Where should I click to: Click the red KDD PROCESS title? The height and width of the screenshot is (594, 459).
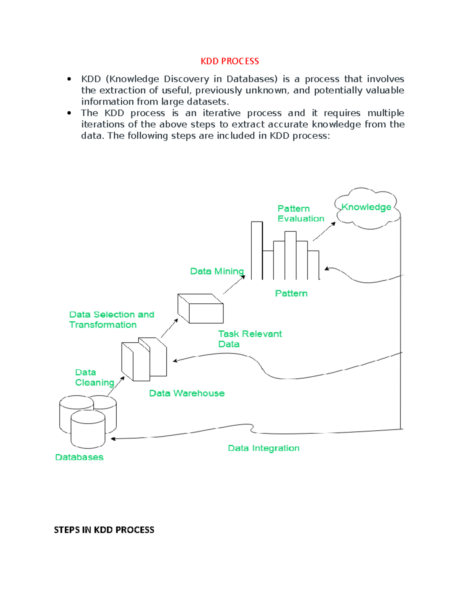229,61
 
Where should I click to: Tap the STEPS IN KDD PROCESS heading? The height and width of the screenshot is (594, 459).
104,530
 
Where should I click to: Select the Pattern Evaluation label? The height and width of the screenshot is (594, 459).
301,213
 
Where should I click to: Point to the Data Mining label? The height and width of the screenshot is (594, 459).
217,271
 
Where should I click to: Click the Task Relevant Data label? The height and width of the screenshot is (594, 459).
249,339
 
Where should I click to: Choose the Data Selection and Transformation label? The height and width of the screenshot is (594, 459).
111,319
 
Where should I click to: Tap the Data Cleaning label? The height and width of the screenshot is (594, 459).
94,378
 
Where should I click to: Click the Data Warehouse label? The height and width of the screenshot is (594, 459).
187,393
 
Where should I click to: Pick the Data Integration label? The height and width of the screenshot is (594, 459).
264,448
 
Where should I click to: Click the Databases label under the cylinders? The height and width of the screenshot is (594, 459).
79,457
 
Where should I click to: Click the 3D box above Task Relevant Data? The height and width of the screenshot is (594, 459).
201,309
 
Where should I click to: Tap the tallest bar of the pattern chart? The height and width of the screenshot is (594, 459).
257,251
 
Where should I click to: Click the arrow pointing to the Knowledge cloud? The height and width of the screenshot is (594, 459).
324,232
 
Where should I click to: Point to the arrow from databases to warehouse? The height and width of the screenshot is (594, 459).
116,386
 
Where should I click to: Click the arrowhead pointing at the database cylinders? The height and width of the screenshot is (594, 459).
113,439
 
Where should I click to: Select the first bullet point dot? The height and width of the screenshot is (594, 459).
69,79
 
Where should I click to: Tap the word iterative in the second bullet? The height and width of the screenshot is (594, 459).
221,113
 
